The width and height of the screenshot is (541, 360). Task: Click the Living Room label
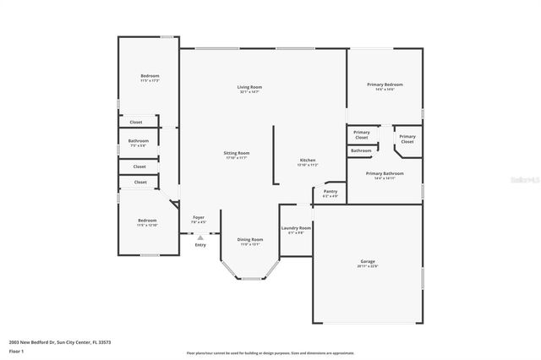coord(249,87)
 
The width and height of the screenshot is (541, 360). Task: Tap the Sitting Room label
coord(237,153)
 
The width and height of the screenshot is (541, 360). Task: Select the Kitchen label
coord(308,161)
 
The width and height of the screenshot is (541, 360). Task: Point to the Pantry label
coord(330,192)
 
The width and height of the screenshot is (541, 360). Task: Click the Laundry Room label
coord(296,227)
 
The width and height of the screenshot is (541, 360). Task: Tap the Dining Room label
coord(251,240)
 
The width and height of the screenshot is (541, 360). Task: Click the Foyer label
coord(199,217)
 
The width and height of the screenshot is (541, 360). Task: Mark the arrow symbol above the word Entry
coord(199,238)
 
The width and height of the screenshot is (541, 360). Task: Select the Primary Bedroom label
coord(385,85)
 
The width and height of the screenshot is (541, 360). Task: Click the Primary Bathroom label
coord(385,173)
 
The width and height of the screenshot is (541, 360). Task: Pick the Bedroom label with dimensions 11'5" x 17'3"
coord(150,76)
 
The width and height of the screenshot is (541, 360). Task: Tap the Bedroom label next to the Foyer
coord(148,221)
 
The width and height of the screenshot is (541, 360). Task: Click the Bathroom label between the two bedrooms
coord(139,140)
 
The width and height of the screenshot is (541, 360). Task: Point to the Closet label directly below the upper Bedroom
coord(136,122)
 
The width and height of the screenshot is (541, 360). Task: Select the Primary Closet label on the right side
coord(407,139)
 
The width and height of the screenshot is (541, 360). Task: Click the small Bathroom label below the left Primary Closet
coord(361,150)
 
